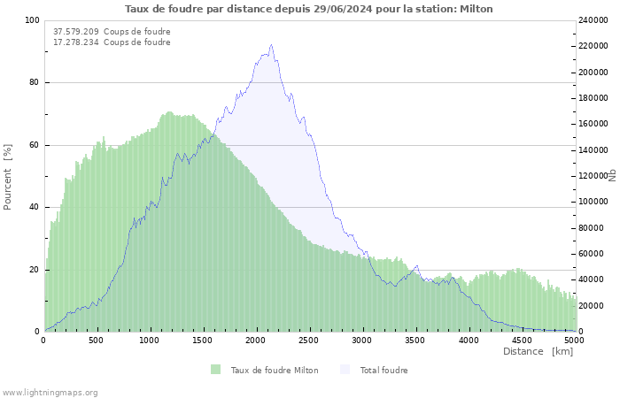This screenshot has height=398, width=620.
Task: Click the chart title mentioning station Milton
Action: pyautogui.click(x=309, y=9)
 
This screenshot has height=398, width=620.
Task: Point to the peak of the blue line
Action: pyautogui.click(x=271, y=44)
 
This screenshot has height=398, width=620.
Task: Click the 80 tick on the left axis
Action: pyautogui.click(x=34, y=82)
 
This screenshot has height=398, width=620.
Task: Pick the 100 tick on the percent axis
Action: pyautogui.click(x=32, y=20)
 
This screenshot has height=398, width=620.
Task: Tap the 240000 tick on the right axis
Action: pyautogui.click(x=593, y=20)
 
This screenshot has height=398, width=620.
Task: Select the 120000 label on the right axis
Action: pyautogui.click(x=593, y=176)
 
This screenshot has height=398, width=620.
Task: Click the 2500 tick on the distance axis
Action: pyautogui.click(x=309, y=341)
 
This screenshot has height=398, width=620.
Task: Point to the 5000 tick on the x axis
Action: pyautogui.click(x=575, y=341)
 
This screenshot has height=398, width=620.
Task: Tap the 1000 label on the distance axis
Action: pyautogui.click(x=150, y=341)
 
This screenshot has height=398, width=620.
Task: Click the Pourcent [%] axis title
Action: pyautogui.click(x=7, y=177)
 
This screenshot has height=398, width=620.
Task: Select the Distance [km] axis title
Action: pyautogui.click(x=538, y=351)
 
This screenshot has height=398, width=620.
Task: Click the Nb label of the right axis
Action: pyautogui.click(x=613, y=176)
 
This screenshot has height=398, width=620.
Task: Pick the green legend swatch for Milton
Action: pyautogui.click(x=215, y=370)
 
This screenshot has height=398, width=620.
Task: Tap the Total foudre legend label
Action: pyautogui.click(x=384, y=371)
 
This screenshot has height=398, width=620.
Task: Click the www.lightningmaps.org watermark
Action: pyautogui.click(x=50, y=393)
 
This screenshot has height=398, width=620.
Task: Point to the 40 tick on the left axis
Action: pyautogui.click(x=34, y=207)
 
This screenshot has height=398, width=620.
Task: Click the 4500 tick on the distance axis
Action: pyautogui.click(x=522, y=341)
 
